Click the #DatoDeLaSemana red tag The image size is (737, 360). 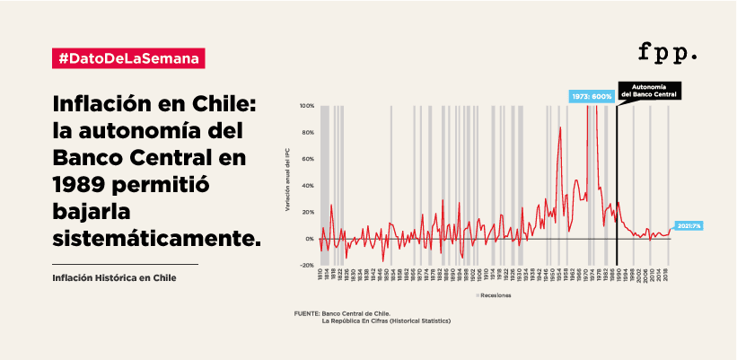128,57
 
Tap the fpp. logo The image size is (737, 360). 667,52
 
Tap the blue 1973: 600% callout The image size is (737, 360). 591,96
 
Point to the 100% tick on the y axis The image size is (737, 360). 307,106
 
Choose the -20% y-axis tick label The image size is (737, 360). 307,266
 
